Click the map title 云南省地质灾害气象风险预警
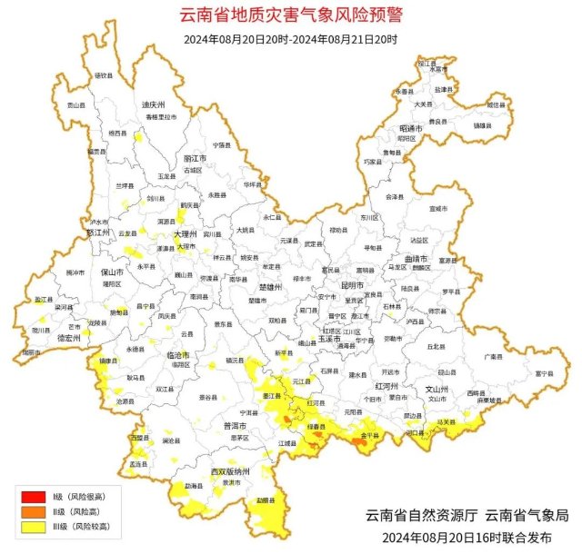click(291, 15)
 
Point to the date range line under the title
click(290, 39)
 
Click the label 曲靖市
click(416, 259)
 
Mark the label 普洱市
click(235, 425)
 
